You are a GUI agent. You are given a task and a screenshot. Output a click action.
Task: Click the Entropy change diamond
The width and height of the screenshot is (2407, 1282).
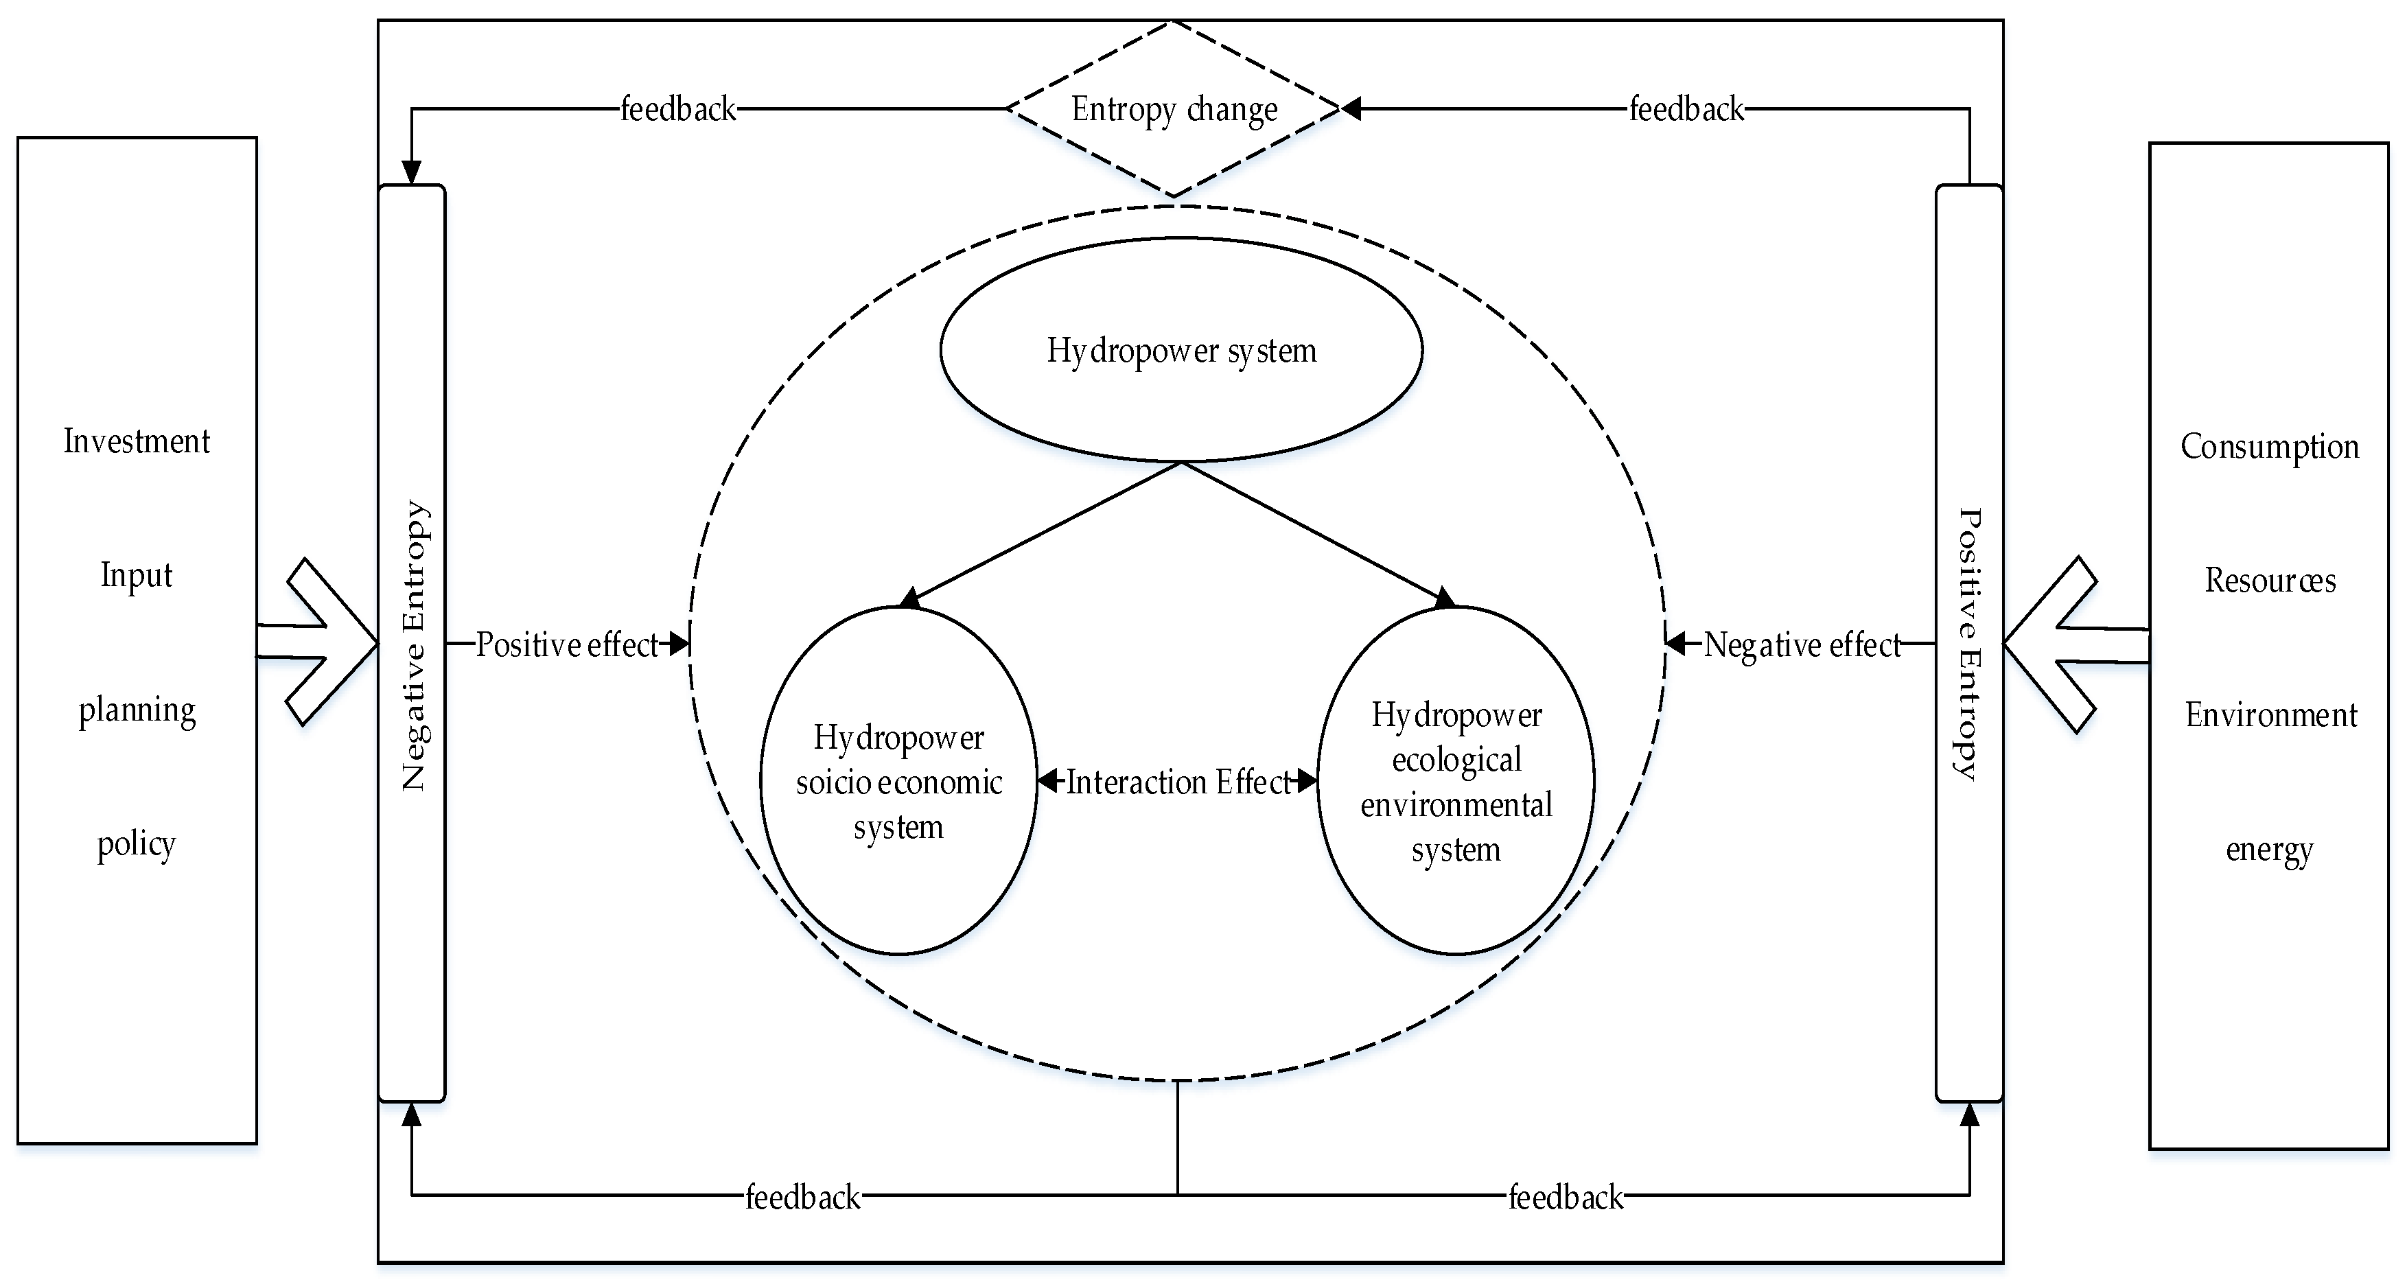click(x=1174, y=109)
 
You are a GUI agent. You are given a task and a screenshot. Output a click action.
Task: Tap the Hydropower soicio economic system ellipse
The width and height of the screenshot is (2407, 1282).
click(x=898, y=781)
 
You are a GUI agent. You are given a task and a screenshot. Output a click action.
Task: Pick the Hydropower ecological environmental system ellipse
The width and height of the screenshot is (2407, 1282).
click(x=1456, y=781)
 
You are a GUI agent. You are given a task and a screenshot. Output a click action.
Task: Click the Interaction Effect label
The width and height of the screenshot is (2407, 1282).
click(x=1177, y=781)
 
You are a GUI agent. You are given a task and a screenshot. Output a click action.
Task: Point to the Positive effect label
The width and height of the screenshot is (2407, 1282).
click(x=567, y=644)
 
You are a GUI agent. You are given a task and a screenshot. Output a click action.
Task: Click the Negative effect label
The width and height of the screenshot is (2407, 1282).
click(x=1802, y=644)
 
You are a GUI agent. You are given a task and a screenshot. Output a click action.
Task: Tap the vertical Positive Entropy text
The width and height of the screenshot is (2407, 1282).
click(x=1968, y=644)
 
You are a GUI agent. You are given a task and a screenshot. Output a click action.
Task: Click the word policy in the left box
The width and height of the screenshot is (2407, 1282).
click(x=137, y=843)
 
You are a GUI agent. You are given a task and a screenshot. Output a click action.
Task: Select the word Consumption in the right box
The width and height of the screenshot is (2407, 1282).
click(x=2269, y=447)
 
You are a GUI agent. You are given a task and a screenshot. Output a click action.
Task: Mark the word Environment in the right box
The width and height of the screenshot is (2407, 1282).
click(x=2270, y=715)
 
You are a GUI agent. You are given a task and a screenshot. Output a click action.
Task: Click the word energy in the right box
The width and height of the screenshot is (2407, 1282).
click(x=2269, y=850)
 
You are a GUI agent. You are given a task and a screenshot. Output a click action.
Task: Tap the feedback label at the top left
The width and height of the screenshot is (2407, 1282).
click(x=678, y=109)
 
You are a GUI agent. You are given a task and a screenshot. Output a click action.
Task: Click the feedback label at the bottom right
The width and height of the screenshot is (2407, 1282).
click(x=1566, y=1197)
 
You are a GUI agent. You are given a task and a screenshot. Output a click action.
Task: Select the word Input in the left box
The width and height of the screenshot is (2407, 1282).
click(x=137, y=574)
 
